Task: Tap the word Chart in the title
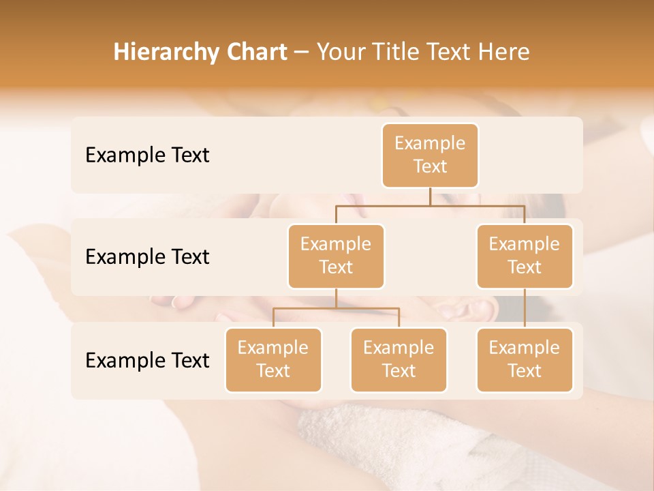[255, 53]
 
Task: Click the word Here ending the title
[505, 53]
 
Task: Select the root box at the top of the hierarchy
[430, 155]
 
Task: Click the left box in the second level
[336, 256]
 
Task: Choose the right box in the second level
[525, 256]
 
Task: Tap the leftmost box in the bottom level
[273, 359]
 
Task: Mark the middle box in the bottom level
[399, 359]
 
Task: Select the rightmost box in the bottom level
[525, 359]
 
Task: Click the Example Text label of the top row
[147, 155]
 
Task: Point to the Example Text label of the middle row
[147, 257]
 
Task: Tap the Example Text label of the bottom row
[147, 361]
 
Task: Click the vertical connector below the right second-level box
[525, 308]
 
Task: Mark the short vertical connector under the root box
[430, 196]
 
